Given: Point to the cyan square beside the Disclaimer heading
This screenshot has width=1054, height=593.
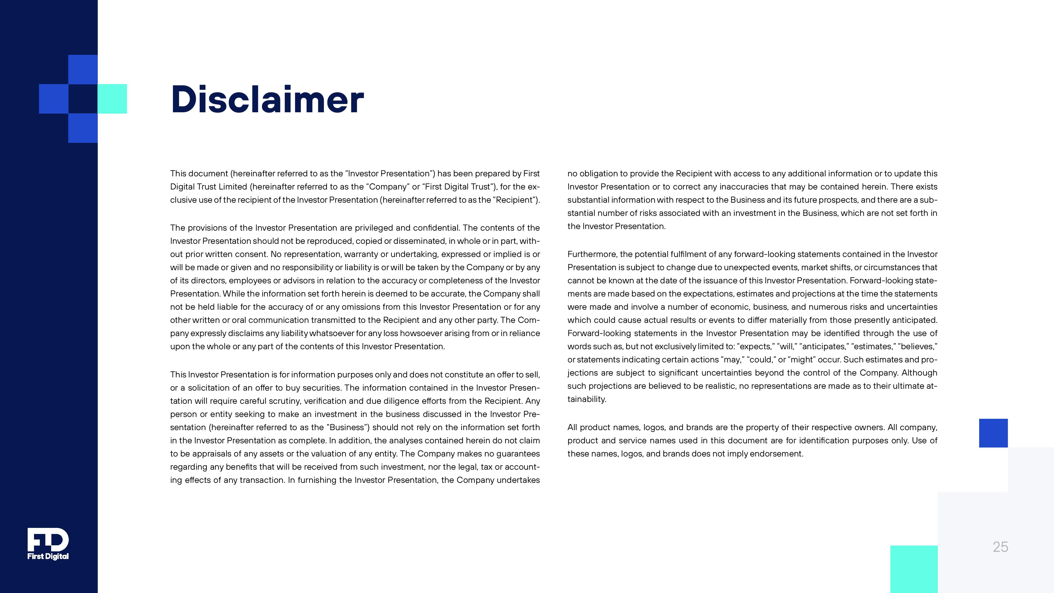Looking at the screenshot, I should [112, 99].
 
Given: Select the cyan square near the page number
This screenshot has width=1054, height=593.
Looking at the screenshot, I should [914, 569].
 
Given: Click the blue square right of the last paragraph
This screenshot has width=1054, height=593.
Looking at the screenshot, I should [993, 433].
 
